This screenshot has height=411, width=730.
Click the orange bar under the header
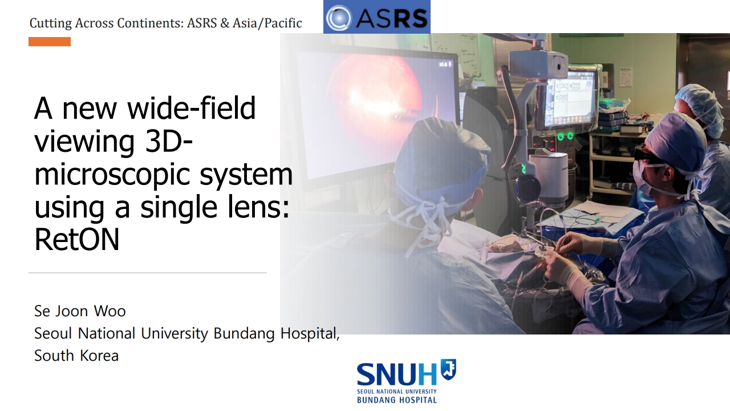50,42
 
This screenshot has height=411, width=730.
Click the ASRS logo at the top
377,17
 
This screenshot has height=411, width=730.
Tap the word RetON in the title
77,240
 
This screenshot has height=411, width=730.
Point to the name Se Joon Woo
80,311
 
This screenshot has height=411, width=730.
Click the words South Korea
76,356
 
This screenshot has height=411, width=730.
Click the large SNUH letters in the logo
396,374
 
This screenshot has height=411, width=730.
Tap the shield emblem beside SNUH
448,369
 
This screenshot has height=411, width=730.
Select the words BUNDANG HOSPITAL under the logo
396,400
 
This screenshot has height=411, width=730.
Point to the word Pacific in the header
283,23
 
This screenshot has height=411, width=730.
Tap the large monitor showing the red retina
378,114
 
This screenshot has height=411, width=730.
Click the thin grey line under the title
148,272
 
